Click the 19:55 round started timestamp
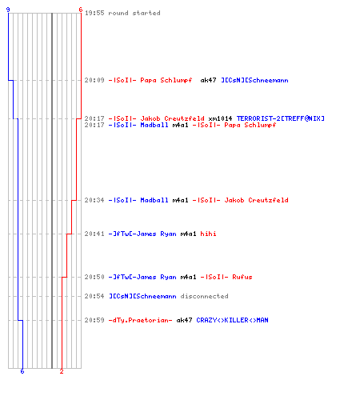click(x=94, y=13)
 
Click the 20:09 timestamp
click(x=94, y=80)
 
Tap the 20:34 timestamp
click(x=94, y=200)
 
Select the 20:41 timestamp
click(x=94, y=234)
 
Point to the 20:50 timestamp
click(x=94, y=277)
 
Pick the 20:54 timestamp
click(x=94, y=296)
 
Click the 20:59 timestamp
click(x=94, y=320)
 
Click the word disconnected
click(x=204, y=296)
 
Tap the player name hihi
click(x=208, y=234)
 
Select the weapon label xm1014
click(x=220, y=118)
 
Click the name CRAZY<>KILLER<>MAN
click(x=232, y=320)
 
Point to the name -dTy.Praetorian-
click(x=140, y=320)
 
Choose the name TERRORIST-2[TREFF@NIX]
click(x=281, y=118)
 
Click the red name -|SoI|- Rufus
click(x=226, y=277)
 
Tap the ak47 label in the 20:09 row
click(x=208, y=80)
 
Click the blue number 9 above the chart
click(x=8, y=10)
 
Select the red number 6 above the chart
click(x=81, y=10)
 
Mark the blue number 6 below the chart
click(x=22, y=371)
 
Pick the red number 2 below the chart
click(x=62, y=371)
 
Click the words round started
click(x=134, y=13)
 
